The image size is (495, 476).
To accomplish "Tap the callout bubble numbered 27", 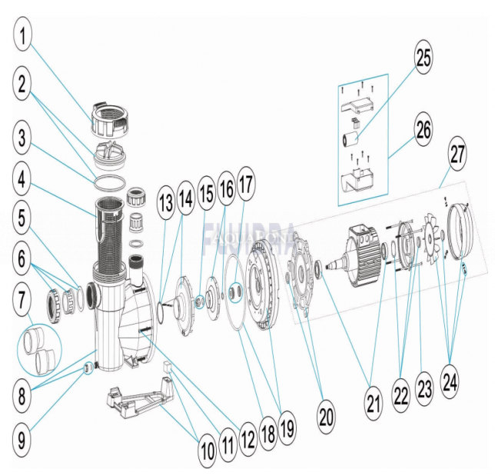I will (x=458, y=154).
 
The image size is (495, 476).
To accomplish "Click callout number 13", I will (x=165, y=204).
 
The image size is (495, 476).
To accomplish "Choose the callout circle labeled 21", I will (x=374, y=403).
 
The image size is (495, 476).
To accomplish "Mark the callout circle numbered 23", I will (x=424, y=389).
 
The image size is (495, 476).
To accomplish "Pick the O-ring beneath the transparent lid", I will (x=108, y=181).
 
